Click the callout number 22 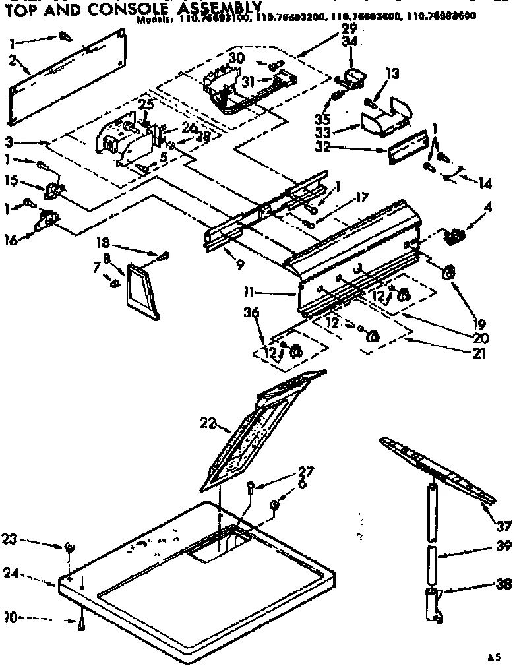point(208,423)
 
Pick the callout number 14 point(485,184)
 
